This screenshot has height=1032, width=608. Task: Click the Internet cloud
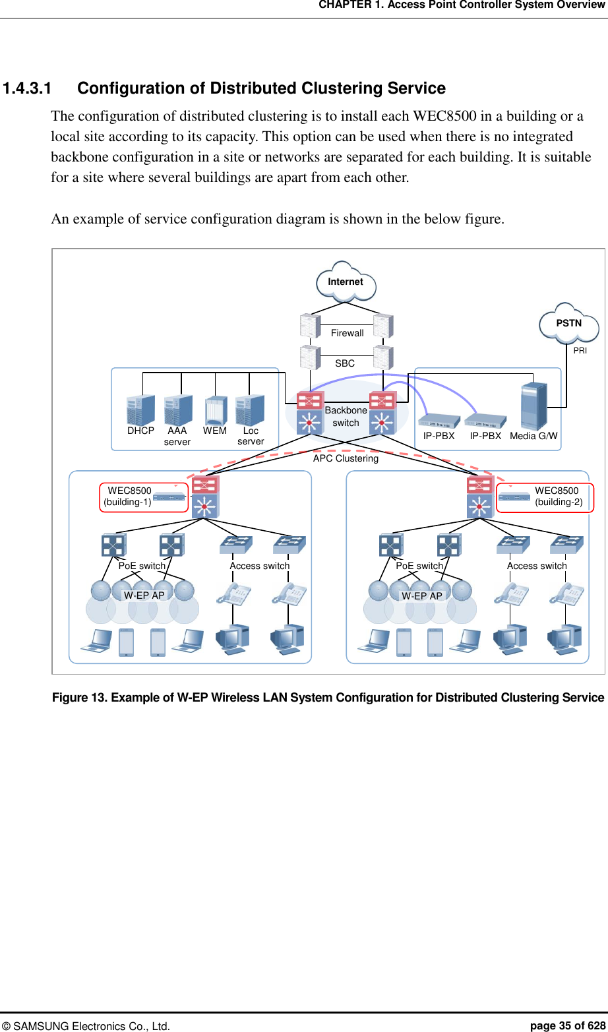pyautogui.click(x=346, y=282)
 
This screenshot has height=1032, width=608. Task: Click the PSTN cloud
pyautogui.click(x=568, y=323)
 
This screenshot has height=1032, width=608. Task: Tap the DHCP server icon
pyautogui.click(x=140, y=410)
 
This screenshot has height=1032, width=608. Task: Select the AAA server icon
pyautogui.click(x=177, y=410)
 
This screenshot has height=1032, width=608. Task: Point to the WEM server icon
pyautogui.click(x=215, y=410)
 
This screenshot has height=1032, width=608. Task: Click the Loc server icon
pyautogui.click(x=250, y=410)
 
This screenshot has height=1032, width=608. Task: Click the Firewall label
pyautogui.click(x=347, y=333)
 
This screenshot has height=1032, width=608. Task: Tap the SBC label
pyautogui.click(x=345, y=363)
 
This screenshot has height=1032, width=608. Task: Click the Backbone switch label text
pyautogui.click(x=346, y=416)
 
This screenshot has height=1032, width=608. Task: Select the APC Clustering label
pyautogui.click(x=346, y=458)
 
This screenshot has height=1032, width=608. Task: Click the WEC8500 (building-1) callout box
pyautogui.click(x=144, y=497)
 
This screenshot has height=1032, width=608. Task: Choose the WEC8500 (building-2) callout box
pyautogui.click(x=545, y=497)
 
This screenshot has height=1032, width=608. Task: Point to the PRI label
pyautogui.click(x=580, y=351)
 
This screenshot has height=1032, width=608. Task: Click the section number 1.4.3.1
pyautogui.click(x=27, y=88)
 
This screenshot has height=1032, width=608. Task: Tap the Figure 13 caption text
pyautogui.click(x=328, y=698)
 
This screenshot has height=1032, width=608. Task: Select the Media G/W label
pyautogui.click(x=533, y=436)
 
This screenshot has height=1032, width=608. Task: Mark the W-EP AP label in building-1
pyautogui.click(x=144, y=595)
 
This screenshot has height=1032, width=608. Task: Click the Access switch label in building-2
pyautogui.click(x=537, y=566)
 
